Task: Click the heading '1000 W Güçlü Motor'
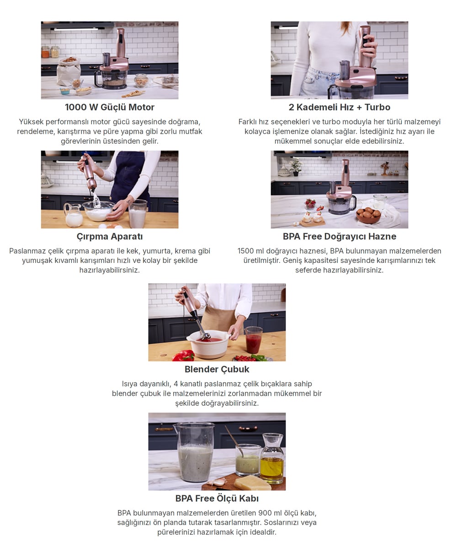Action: coord(110,107)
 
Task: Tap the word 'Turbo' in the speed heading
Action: coord(377,107)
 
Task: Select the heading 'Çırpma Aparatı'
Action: coord(110,236)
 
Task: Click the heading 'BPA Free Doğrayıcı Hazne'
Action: coord(340,236)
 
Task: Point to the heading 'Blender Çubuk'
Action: coord(217,369)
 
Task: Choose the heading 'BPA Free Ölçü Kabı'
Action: coord(217,498)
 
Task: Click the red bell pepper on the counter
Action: coord(184,356)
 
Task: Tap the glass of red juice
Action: coord(254,340)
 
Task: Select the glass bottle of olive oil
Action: coord(272,459)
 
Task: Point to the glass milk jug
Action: coord(73,215)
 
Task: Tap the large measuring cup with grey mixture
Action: coord(194,452)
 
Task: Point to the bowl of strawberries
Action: coord(310,204)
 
